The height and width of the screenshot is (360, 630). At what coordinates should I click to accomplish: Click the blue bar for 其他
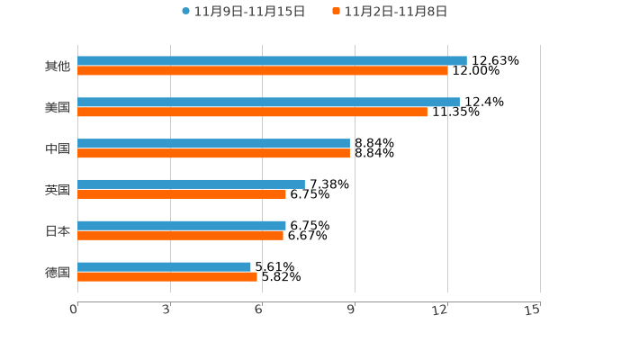[x=272, y=60]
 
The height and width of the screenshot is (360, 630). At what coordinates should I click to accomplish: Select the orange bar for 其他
[x=262, y=71]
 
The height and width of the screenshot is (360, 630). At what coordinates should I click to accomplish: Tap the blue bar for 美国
[x=268, y=102]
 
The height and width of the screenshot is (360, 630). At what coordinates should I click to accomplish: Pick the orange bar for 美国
[x=252, y=112]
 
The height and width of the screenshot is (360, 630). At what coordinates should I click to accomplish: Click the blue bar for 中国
[x=213, y=143]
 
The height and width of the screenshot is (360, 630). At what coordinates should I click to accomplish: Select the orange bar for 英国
[x=182, y=194]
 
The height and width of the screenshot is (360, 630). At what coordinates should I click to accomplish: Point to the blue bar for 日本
[x=182, y=225]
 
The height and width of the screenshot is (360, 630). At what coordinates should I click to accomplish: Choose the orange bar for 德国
[x=167, y=277]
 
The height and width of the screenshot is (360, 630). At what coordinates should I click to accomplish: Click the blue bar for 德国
[x=164, y=266]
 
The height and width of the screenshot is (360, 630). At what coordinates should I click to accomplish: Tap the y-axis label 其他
[x=58, y=67]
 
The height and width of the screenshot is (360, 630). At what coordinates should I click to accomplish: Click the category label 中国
[x=58, y=148]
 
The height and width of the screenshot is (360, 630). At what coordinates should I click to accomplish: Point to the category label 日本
[x=58, y=230]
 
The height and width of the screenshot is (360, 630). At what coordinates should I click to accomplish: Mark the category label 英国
[x=58, y=190]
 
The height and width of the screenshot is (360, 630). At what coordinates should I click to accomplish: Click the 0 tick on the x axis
[x=75, y=310]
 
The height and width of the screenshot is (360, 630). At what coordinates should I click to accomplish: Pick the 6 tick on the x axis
[x=259, y=310]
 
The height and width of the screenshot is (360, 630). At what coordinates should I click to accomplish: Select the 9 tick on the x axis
[x=352, y=310]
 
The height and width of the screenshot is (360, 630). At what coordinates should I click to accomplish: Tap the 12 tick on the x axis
[x=441, y=310]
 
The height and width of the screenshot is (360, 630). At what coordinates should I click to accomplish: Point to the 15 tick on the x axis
[x=533, y=310]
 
